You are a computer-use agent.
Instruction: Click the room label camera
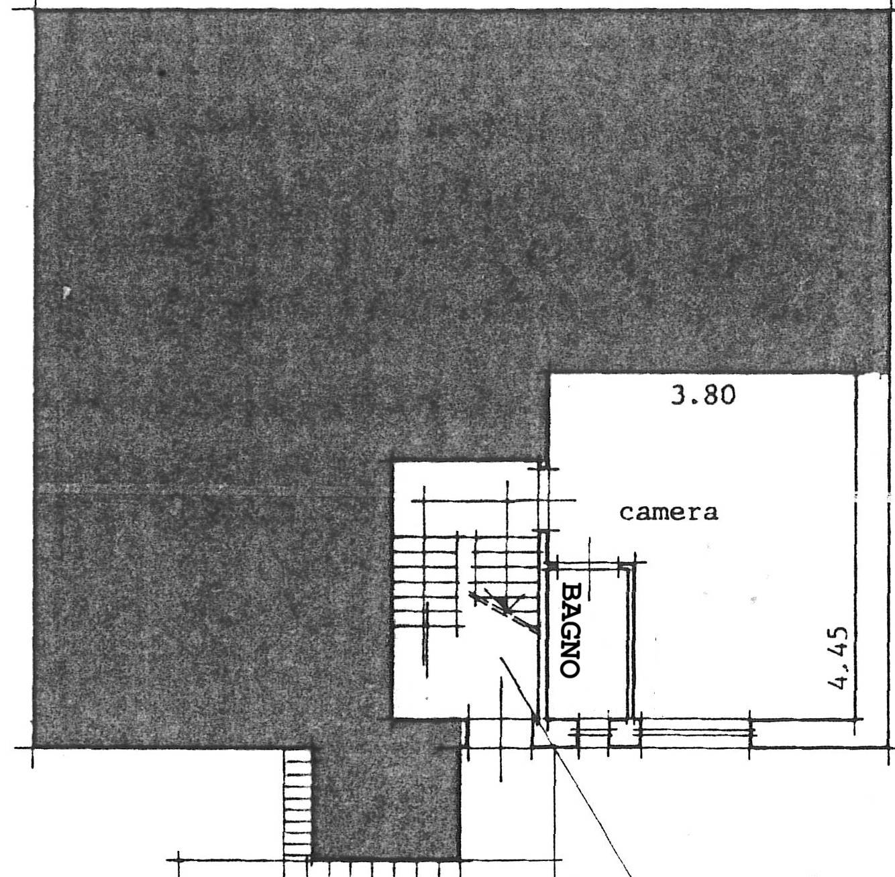pyautogui.click(x=669, y=513)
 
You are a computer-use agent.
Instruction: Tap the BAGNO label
pyautogui.click(x=570, y=631)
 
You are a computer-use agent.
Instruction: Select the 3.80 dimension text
pyautogui.click(x=704, y=396)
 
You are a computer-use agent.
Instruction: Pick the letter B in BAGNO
pyautogui.click(x=570, y=592)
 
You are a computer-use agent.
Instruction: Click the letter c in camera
pyautogui.click(x=627, y=514)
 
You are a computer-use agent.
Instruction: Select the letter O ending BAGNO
pyautogui.click(x=570, y=670)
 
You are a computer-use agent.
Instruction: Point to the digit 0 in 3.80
pyautogui.click(x=727, y=396)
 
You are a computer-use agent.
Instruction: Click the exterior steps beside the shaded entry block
pyautogui.click(x=297, y=803)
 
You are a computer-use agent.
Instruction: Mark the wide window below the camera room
pyautogui.click(x=695, y=733)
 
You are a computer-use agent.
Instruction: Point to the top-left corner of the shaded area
pyautogui.click(x=36, y=10)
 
